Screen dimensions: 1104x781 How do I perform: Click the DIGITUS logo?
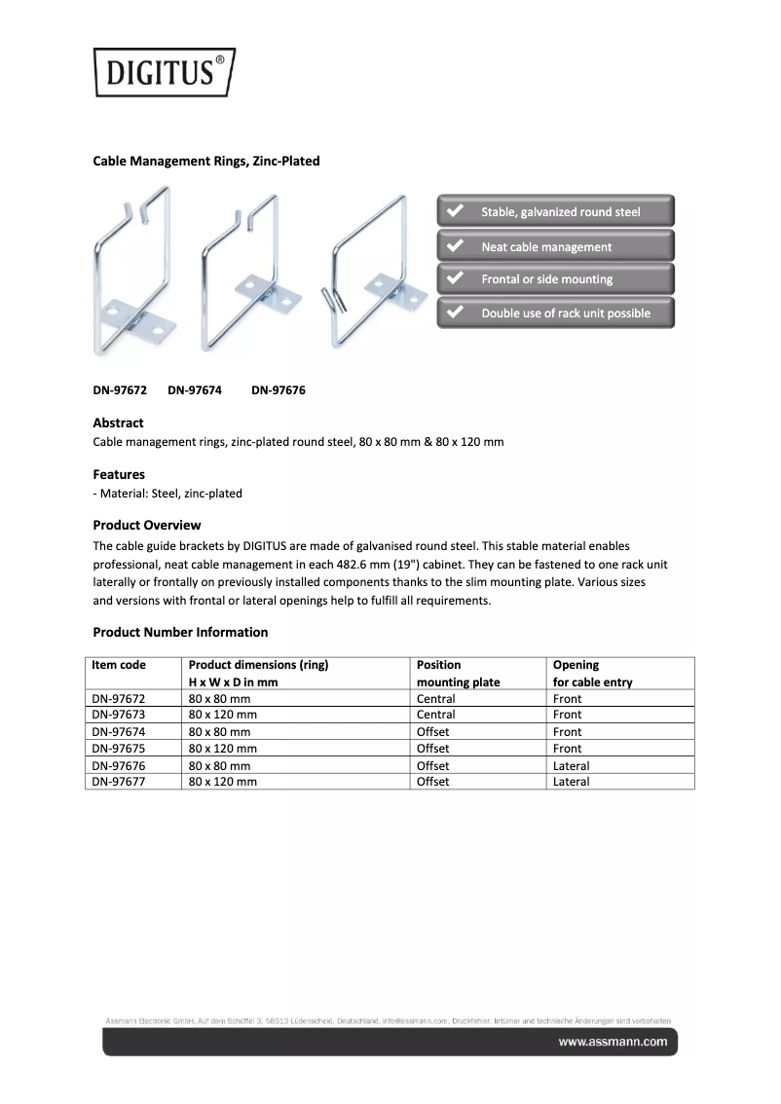point(164,72)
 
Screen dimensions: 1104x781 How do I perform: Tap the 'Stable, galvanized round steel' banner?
point(556,212)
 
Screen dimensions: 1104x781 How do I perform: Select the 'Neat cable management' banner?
point(556,247)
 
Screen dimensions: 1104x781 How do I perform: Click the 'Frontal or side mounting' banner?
point(556,279)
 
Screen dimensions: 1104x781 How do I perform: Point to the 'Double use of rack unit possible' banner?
point(556,313)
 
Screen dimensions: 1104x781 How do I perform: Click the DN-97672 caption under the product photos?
point(120,390)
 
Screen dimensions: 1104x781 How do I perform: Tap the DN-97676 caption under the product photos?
point(279,390)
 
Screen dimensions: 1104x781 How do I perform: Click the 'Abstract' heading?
point(118,423)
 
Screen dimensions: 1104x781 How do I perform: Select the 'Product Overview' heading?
point(147,525)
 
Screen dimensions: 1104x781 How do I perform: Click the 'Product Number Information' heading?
point(180,632)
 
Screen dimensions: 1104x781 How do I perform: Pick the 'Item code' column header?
point(119,665)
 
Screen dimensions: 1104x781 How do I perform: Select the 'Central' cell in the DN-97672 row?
point(436,699)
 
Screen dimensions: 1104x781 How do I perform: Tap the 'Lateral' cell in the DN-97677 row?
point(571,782)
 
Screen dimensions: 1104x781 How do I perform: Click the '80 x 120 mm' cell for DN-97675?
point(223,749)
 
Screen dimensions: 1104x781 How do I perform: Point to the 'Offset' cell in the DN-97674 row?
point(433,732)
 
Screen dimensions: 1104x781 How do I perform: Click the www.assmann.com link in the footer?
point(613,1042)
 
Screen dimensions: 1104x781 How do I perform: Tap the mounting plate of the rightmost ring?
point(397,291)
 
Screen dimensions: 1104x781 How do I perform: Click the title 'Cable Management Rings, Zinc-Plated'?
point(206,161)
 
